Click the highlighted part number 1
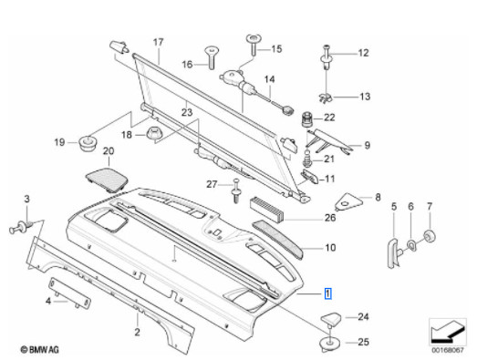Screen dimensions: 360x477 point(329,293)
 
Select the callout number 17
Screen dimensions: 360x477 point(157,43)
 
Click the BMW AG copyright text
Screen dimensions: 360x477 point(36,349)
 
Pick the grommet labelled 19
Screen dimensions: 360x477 point(89,141)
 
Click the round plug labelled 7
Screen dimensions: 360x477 point(430,238)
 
